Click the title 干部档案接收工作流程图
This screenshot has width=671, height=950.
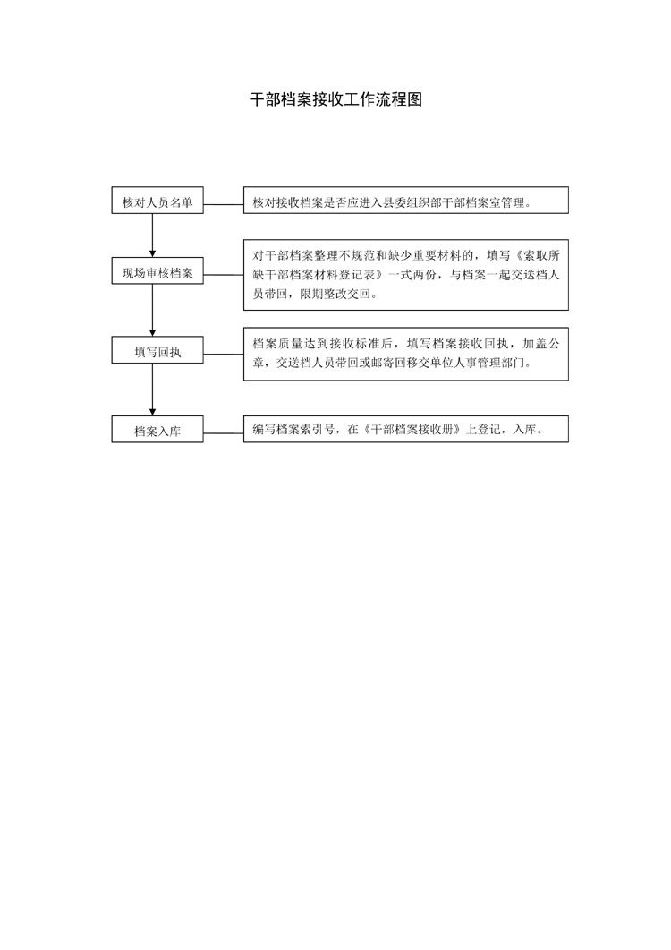(336, 100)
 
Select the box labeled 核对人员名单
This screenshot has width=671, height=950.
(157, 201)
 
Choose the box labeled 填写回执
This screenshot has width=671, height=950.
(157, 350)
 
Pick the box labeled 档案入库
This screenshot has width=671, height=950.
(157, 429)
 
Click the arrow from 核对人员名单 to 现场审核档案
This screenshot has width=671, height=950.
(153, 235)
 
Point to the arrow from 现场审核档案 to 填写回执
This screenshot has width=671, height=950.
(153, 310)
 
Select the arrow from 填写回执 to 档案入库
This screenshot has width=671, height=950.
(153, 389)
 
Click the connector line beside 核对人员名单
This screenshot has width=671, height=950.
(224, 203)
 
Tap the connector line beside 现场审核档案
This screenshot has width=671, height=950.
(224, 275)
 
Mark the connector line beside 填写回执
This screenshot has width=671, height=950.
(224, 355)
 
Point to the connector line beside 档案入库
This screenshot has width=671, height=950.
(224, 432)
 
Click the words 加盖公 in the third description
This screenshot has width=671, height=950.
(540, 344)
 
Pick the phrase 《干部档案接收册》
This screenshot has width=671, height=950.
(412, 430)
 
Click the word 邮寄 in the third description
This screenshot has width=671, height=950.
(383, 364)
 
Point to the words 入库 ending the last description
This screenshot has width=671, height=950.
(524, 430)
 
